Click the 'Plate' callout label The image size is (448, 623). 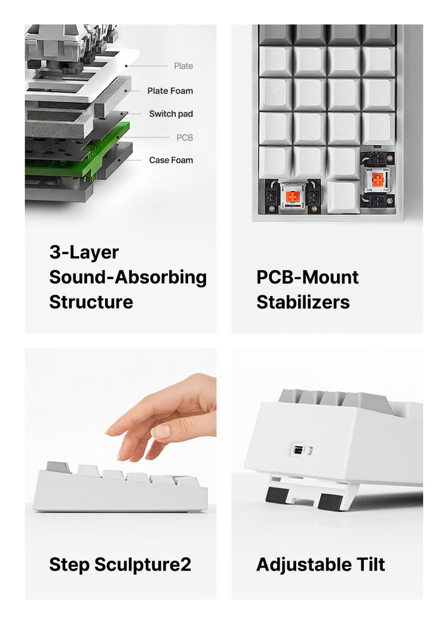coord(183,66)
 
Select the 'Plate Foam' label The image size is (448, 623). coord(170,91)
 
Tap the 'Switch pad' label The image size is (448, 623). coord(171,114)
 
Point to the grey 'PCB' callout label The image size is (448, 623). coord(185,138)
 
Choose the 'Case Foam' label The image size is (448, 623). coord(171,160)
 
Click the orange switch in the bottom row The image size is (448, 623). coord(293,196)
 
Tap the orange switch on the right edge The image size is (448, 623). coord(378,180)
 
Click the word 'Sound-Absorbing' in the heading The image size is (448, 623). coord(128,277)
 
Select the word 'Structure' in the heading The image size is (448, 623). coord(91,302)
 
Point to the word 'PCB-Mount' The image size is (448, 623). coord(308,277)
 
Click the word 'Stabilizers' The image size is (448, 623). coord(303,302)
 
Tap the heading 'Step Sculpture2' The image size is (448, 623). coord(120,564)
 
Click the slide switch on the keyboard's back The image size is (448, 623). coord(301,451)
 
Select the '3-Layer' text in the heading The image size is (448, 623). coord(84,253)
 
